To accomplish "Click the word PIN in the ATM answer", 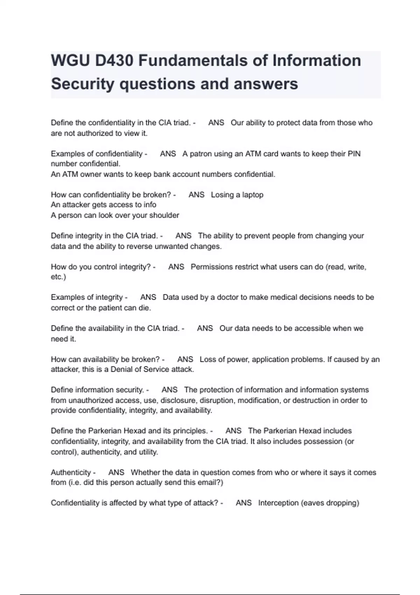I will click(x=354, y=154).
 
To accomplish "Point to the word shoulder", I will click(x=164, y=215).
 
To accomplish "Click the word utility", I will click(x=148, y=452).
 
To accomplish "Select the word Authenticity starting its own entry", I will click(x=71, y=472).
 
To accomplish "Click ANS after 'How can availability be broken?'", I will click(x=185, y=359).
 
